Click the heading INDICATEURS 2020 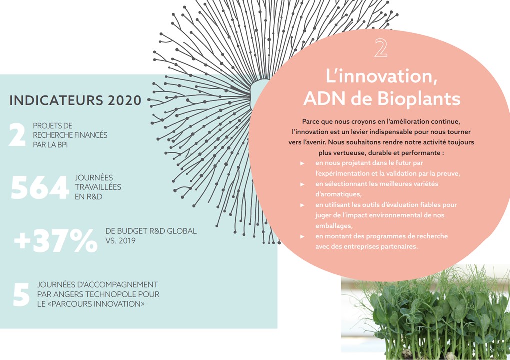tap(75, 100)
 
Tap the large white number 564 tap(40, 187)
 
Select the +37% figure tap(55, 241)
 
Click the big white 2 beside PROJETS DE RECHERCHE tap(17, 135)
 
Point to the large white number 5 tap(21, 294)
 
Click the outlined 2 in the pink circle tap(381, 48)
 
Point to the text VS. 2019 tap(121, 241)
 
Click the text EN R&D tap(89, 197)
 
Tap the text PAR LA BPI tap(50, 145)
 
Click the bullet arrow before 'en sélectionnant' tap(302, 184)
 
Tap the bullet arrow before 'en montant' tap(302, 237)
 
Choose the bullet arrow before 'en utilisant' tap(302, 205)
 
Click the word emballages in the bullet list tap(334, 226)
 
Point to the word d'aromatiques tap(338, 194)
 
